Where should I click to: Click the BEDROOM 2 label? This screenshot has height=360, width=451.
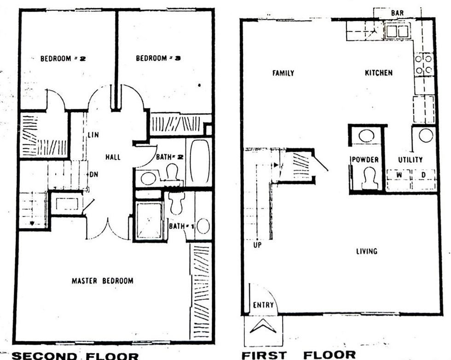coord(63,58)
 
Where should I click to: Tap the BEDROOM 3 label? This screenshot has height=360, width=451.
coord(158,58)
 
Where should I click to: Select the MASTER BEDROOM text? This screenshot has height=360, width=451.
coord(102,281)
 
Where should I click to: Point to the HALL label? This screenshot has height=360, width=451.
coord(113,157)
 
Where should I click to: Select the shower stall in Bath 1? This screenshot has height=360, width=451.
coord(149,220)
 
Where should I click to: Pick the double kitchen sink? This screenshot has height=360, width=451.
coord(397,31)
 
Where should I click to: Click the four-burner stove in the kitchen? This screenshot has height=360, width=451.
coord(424,64)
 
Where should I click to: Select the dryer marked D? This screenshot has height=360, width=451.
coord(424,179)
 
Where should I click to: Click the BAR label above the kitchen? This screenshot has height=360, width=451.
coord(397,13)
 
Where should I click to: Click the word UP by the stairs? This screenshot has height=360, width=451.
coord(257,245)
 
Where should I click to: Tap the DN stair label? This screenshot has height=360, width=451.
coord(94,174)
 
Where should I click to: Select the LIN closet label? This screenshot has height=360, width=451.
coord(93,134)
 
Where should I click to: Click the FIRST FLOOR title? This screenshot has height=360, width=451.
coord(299,355)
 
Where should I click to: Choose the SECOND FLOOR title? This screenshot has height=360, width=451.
coord(75,356)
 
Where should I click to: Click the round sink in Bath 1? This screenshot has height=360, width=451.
coord(203,226)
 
